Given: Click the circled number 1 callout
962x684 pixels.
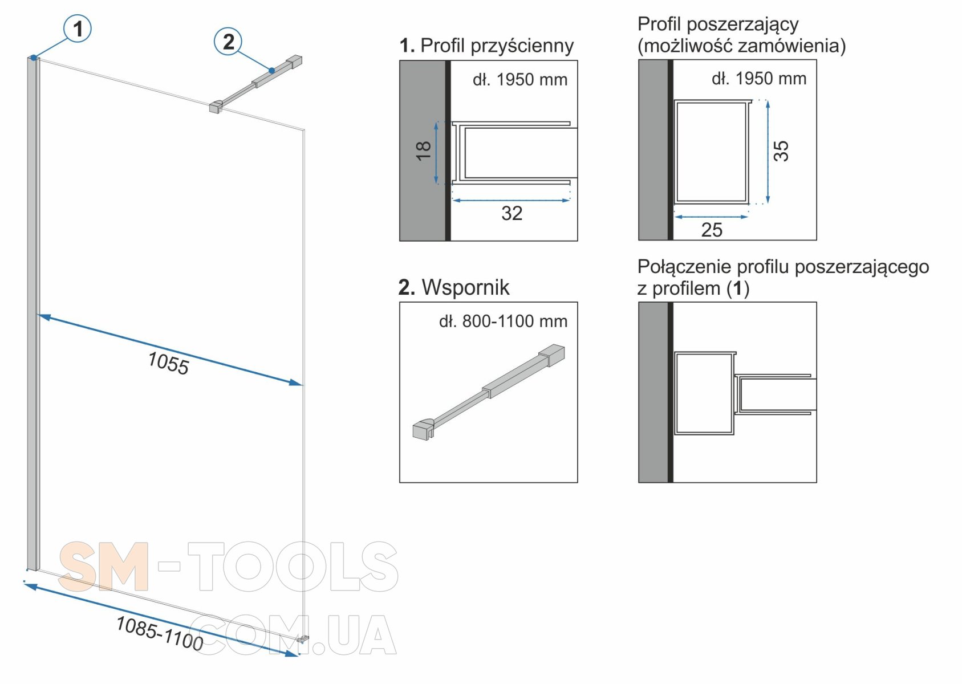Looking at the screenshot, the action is [x=78, y=28].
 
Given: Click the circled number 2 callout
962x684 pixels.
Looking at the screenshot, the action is [x=228, y=42].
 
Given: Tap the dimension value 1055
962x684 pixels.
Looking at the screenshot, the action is [x=168, y=363].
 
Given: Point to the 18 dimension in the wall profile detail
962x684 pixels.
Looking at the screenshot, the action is [x=424, y=150].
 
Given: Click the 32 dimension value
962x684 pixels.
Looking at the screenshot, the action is [x=512, y=213].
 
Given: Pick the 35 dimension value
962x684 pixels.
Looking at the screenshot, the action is [x=781, y=151].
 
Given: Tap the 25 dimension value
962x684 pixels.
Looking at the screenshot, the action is [x=712, y=230].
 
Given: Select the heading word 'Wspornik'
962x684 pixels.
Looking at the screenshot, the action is [x=465, y=287].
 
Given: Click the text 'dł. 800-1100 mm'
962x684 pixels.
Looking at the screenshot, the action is [x=503, y=321].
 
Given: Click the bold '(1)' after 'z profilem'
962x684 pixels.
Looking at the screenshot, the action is [x=738, y=288].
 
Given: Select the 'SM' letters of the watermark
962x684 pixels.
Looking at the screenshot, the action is [x=104, y=567].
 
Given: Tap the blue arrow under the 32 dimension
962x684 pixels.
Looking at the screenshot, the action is [x=511, y=200].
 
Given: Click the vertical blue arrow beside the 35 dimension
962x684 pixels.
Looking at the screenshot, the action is [x=768, y=152].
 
